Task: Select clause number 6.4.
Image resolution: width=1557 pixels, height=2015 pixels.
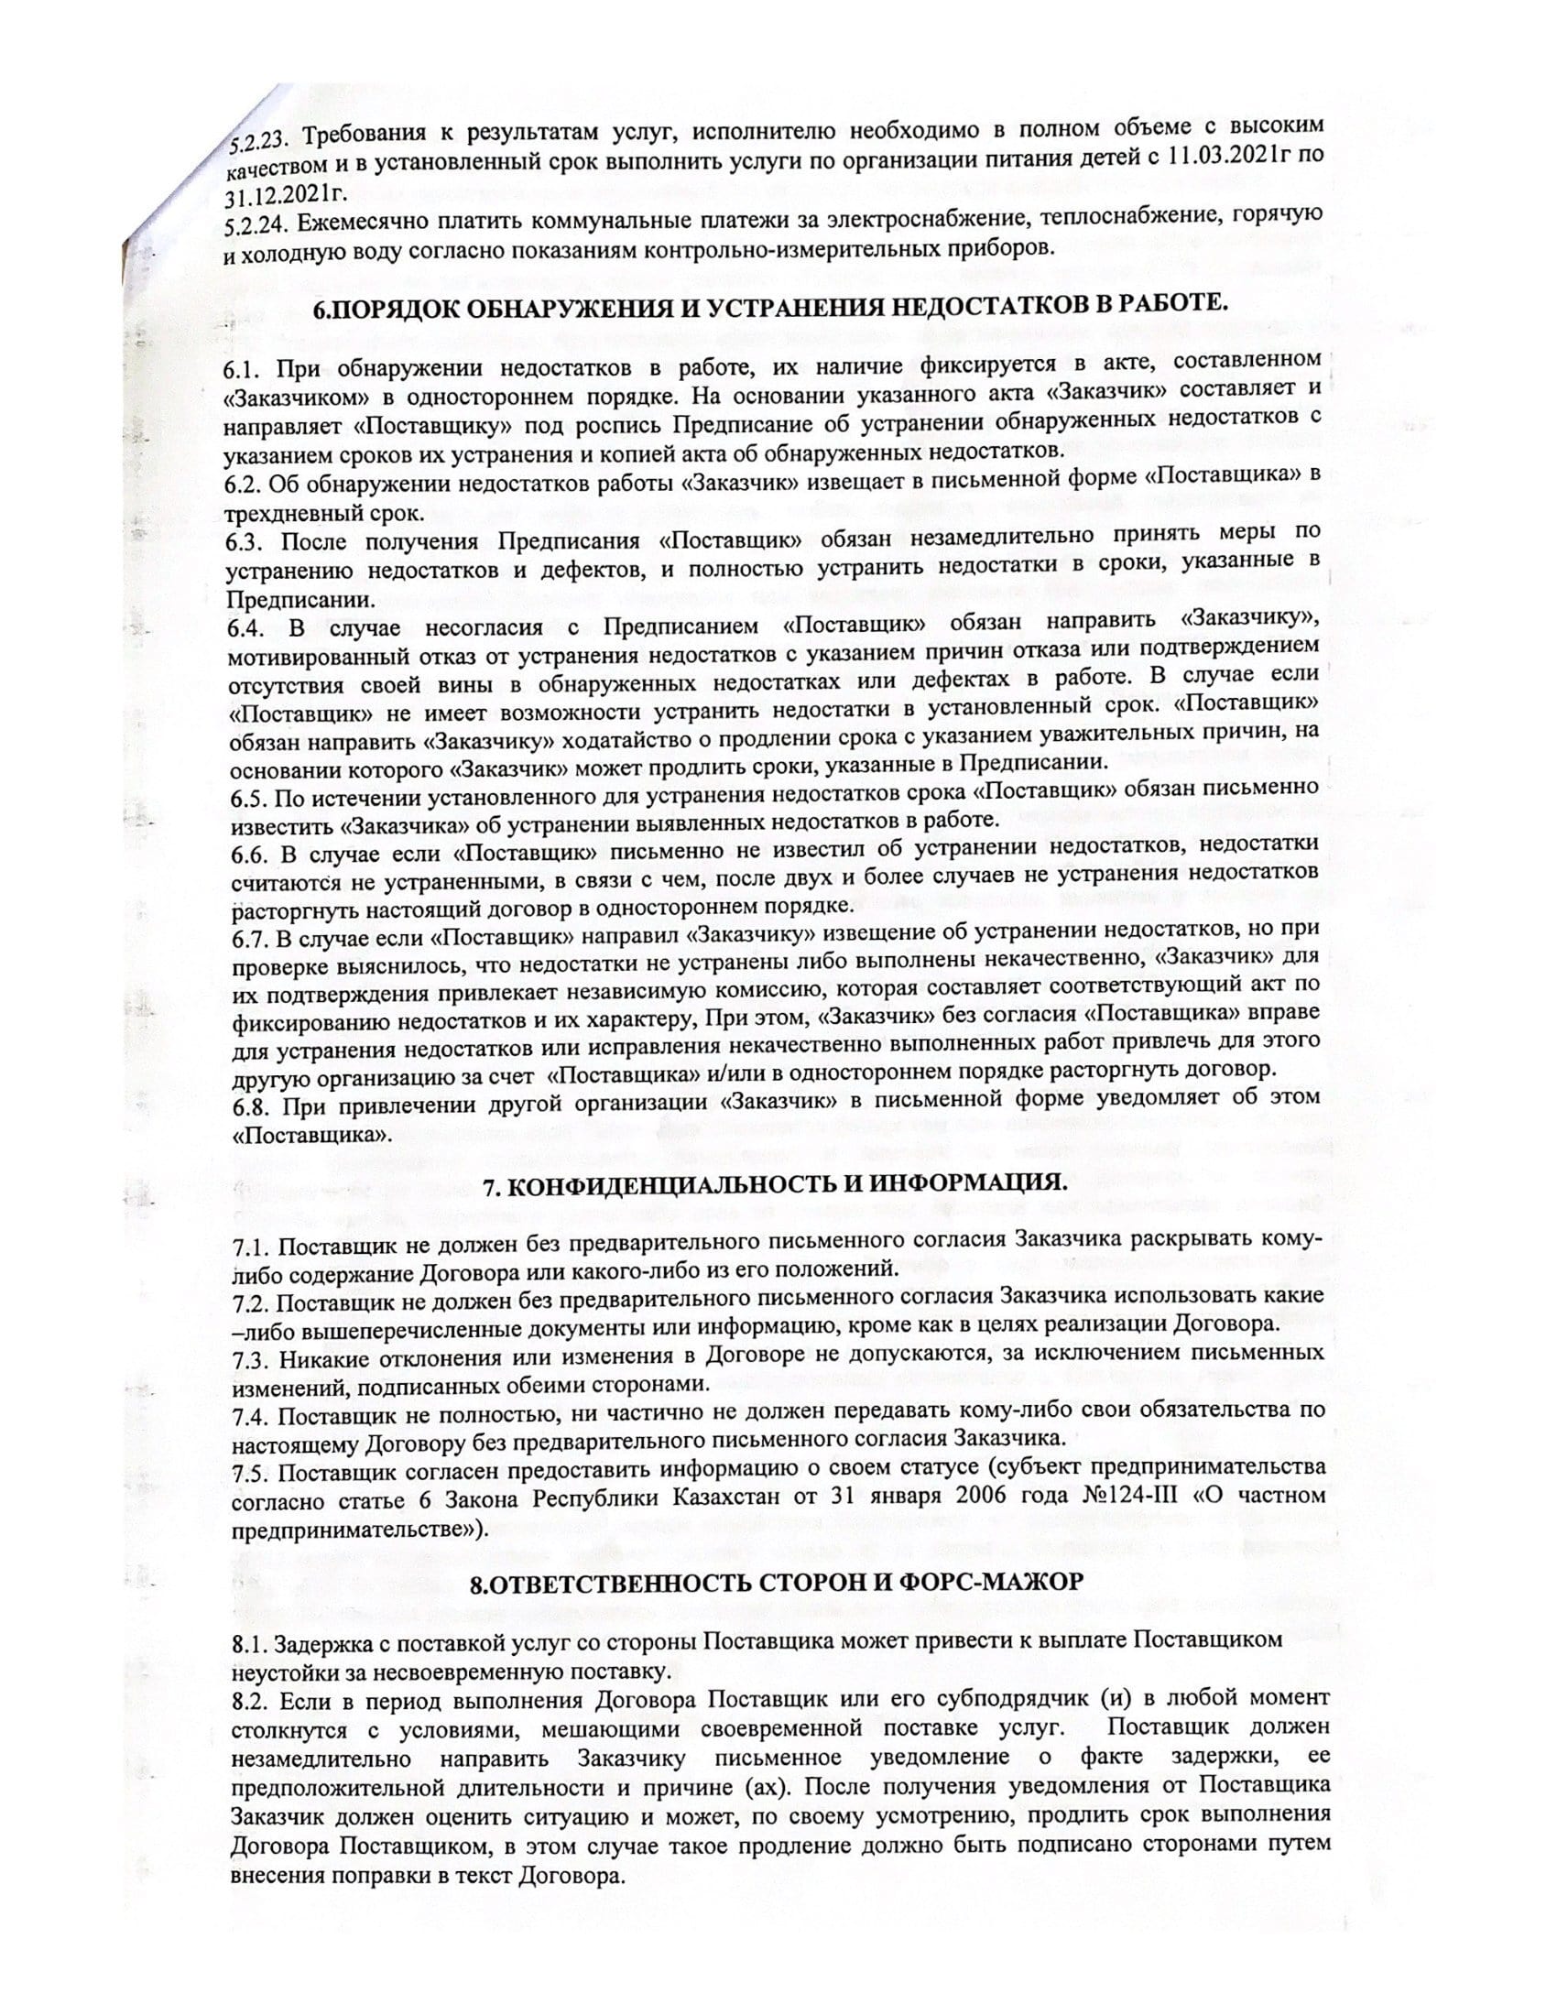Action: pos(246,628)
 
